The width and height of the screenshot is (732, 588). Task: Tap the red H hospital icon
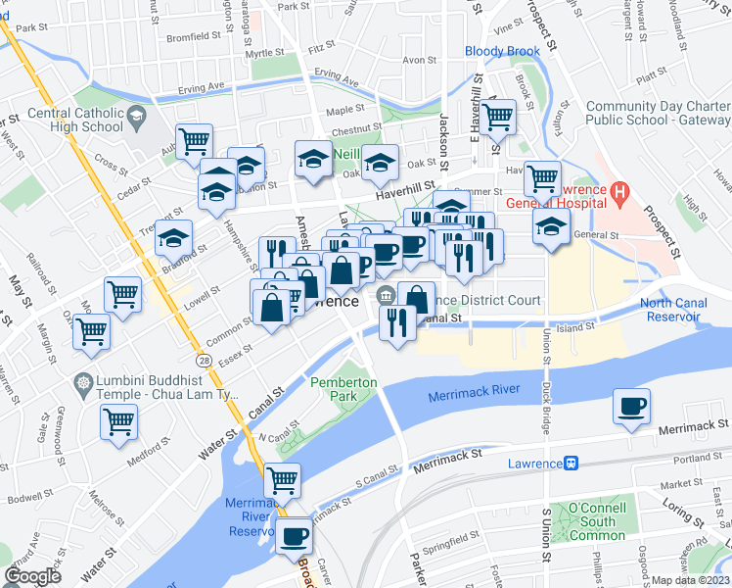pyautogui.click(x=618, y=193)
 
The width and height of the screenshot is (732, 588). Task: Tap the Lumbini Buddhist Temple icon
pyautogui.click(x=84, y=380)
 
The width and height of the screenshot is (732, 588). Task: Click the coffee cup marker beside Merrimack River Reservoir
pyautogui.click(x=295, y=535)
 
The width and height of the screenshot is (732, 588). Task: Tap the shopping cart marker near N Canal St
pyautogui.click(x=282, y=479)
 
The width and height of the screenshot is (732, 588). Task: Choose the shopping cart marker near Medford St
pyautogui.click(x=119, y=421)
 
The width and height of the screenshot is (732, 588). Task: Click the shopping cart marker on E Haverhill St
pyautogui.click(x=497, y=117)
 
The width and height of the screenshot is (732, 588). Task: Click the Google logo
pyautogui.click(x=32, y=576)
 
